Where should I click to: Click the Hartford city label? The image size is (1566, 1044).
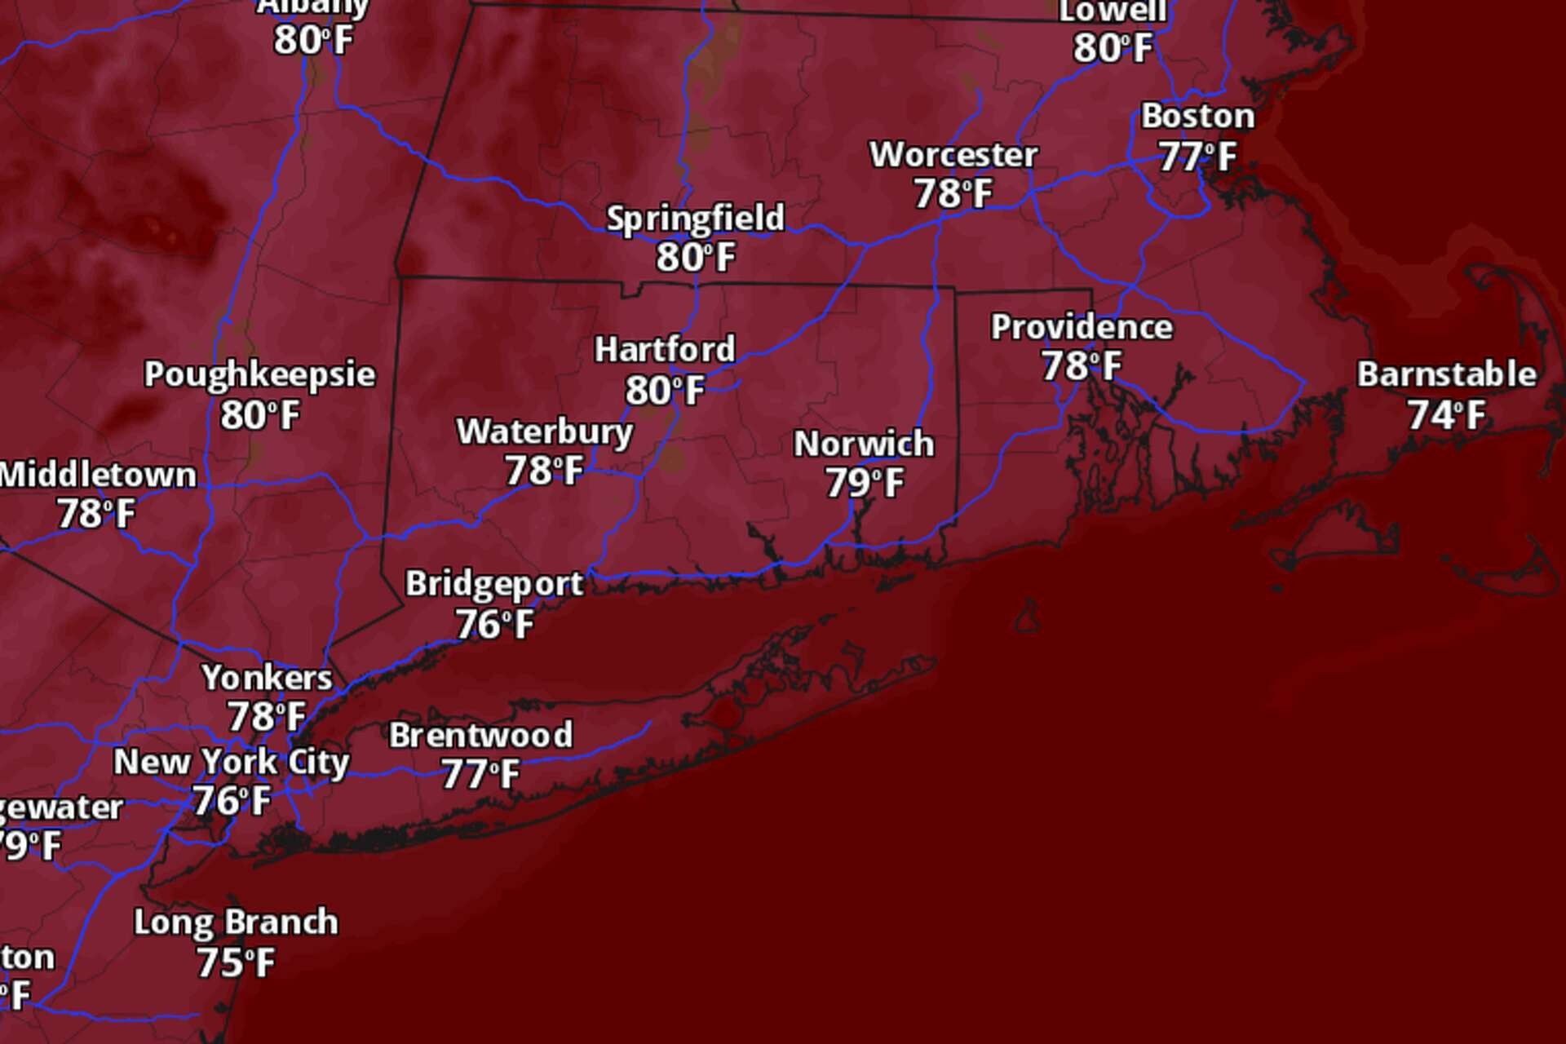point(664,350)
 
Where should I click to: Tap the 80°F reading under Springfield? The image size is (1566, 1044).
point(696,258)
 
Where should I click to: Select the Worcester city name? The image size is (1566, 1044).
point(953,155)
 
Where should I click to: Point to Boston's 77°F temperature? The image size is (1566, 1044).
point(1197,157)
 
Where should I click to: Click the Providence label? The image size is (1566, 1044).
point(1082,327)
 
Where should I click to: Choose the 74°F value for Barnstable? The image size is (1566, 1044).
point(1446,415)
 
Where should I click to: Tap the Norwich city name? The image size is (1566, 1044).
point(864,445)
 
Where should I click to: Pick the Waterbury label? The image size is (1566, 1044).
point(544,432)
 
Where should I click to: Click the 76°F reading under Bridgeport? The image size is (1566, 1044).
point(494,625)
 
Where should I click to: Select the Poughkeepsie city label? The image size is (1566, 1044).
point(259,374)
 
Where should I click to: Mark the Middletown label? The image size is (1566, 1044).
point(98,475)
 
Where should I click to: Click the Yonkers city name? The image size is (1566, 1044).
point(267,678)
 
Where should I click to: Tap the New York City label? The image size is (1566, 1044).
point(231,762)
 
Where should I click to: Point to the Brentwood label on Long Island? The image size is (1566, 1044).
point(480,735)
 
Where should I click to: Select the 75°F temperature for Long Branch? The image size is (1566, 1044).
point(235,963)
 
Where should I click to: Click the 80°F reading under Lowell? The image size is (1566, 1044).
point(1113,48)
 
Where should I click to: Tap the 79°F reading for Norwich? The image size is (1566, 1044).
point(864,483)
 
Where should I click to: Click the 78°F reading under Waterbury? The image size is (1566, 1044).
point(543,471)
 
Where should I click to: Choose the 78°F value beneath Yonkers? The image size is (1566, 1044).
point(266,717)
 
